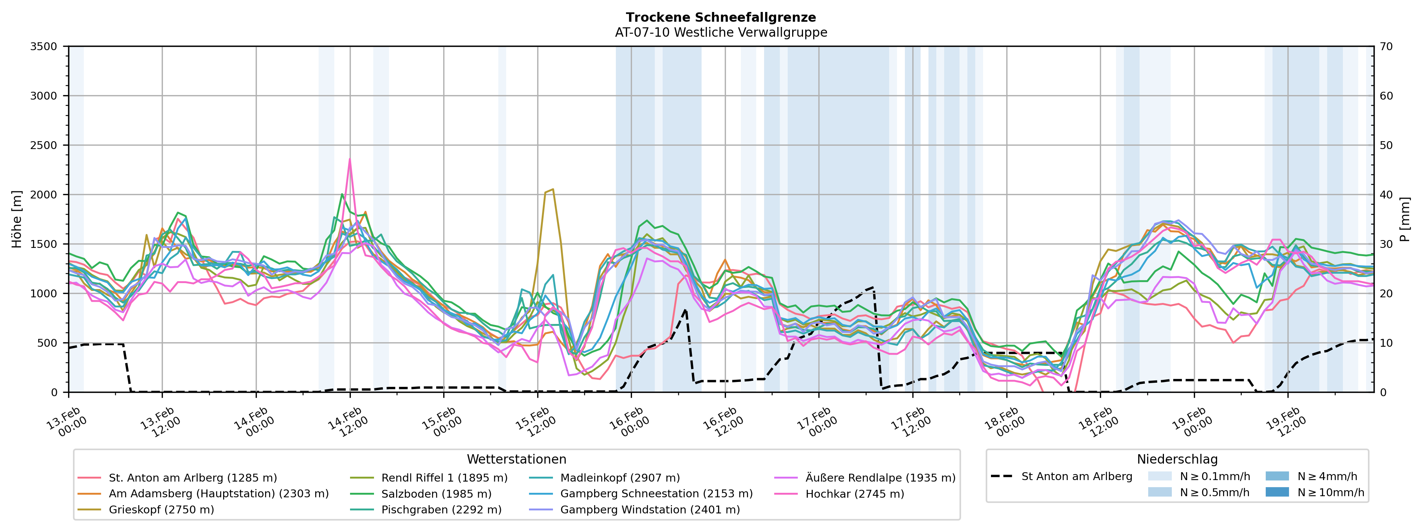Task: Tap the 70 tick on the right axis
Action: click(x=1387, y=46)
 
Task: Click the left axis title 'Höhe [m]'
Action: click(x=17, y=219)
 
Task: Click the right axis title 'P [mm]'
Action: click(x=1406, y=219)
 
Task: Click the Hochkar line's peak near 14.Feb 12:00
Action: click(x=350, y=159)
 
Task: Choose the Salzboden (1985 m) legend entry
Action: click(x=436, y=494)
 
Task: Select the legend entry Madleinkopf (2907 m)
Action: click(x=620, y=477)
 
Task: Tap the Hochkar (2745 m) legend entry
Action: click(x=855, y=494)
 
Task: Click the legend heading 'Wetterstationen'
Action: click(x=517, y=459)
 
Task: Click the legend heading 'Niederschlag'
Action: click(x=1177, y=459)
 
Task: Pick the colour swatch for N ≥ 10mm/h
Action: click(x=1277, y=492)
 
